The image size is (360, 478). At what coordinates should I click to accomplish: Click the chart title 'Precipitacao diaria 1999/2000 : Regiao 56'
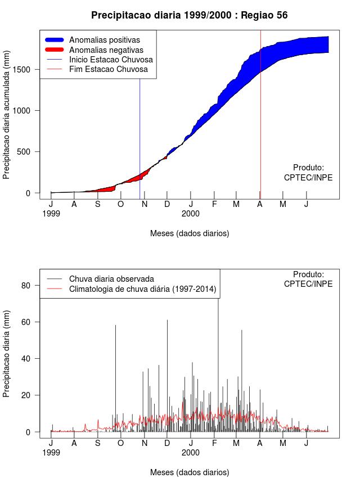(189, 15)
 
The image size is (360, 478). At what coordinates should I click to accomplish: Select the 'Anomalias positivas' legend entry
(104, 40)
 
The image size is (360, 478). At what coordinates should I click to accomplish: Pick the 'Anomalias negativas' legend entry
(105, 50)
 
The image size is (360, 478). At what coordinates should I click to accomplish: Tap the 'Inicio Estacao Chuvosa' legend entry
(111, 60)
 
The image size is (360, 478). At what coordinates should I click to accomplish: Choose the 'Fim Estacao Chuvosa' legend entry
(108, 69)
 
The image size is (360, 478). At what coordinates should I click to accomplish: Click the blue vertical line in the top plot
(139, 141)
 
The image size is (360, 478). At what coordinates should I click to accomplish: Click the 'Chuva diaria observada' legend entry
(111, 278)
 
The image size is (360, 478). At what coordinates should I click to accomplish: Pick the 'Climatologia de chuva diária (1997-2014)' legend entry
(142, 289)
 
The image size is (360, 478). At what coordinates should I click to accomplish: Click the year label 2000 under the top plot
(191, 214)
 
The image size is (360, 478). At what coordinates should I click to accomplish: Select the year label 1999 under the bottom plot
(51, 452)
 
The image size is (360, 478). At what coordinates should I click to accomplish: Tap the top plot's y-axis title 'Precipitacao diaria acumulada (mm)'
(7, 122)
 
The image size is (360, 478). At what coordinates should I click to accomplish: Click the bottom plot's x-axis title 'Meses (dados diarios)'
(190, 472)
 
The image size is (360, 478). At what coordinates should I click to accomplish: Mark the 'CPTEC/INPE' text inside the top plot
(308, 177)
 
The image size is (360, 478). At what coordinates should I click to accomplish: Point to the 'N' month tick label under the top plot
(145, 204)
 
